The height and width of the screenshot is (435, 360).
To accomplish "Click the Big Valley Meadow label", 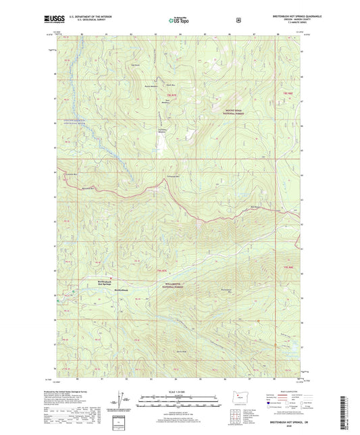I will point(143,129).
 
